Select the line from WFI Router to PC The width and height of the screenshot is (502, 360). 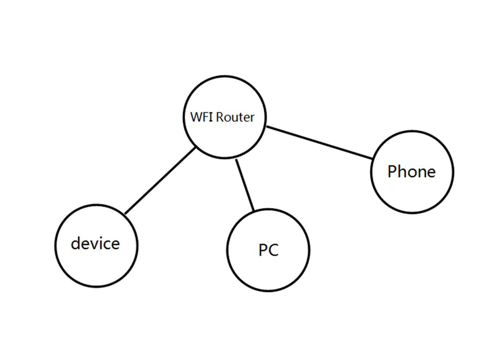pyautogui.click(x=245, y=185)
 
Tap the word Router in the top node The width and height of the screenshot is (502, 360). pyautogui.click(x=235, y=117)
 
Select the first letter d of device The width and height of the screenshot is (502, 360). pyautogui.click(x=76, y=243)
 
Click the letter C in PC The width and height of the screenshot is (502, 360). pyautogui.click(x=273, y=250)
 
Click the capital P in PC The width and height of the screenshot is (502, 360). pyautogui.click(x=263, y=250)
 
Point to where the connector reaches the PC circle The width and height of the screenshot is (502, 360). pyautogui.click(x=254, y=210)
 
